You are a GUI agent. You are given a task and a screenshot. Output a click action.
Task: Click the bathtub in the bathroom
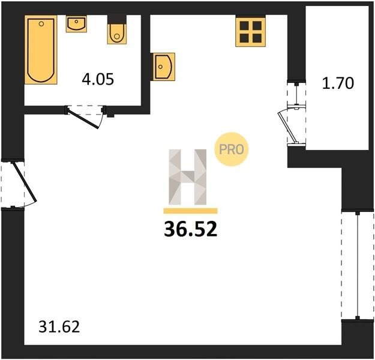tap(41, 50)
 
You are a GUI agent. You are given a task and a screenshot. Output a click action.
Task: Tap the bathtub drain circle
tap(41, 23)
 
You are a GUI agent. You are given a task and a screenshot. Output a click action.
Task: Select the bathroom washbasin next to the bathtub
tap(76, 24)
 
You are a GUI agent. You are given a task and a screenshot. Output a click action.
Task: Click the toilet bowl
tap(117, 34)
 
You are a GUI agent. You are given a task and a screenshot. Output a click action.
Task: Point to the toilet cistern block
tap(117, 19)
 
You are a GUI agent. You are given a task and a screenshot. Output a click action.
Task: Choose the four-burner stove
tap(250, 32)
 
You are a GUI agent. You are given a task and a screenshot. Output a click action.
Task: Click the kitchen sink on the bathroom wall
tap(163, 67)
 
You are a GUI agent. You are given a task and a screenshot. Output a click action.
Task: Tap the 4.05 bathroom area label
tap(98, 79)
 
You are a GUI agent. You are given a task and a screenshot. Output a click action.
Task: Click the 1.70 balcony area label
tap(338, 83)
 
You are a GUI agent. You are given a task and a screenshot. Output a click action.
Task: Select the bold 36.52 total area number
tap(191, 229)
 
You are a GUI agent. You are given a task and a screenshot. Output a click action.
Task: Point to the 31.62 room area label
tap(59, 327)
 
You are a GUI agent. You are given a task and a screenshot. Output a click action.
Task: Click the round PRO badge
tap(232, 149)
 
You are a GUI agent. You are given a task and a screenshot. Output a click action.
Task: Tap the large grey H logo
tap(187, 177)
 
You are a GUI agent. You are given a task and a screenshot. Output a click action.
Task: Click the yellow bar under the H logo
tap(190, 211)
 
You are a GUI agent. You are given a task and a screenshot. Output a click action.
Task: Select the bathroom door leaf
tap(83, 119)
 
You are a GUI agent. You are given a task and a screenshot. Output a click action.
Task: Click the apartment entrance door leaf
tap(25, 181)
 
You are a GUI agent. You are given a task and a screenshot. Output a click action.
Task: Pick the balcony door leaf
tap(287, 127)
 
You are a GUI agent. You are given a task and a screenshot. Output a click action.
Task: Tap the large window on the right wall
tap(358, 265)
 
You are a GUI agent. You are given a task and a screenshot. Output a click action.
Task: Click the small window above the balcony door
tap(296, 94)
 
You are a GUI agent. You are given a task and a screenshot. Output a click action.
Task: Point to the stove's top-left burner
tap(244, 25)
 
